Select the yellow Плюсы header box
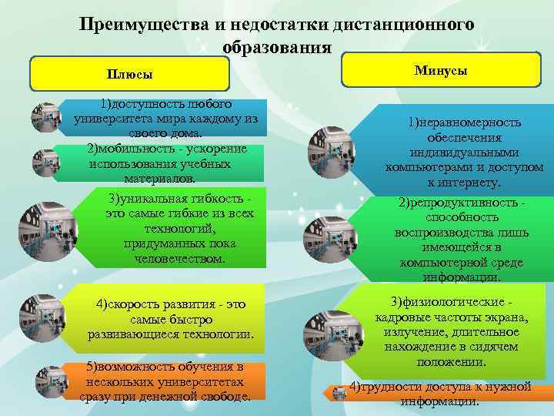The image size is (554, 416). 129,74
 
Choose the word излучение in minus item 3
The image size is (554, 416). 410,332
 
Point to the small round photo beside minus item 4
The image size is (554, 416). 339,394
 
